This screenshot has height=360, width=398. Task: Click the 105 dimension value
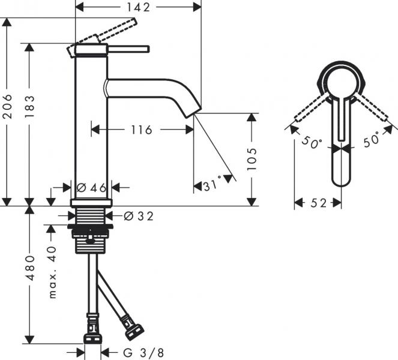click(252, 159)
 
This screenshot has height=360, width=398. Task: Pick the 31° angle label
click(211, 187)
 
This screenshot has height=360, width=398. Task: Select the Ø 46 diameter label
click(91, 187)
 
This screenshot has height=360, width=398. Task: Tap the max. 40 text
click(52, 264)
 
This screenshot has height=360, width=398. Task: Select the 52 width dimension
click(318, 203)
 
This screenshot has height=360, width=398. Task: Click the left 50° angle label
click(312, 143)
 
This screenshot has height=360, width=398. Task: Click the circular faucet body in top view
click(340, 82)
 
